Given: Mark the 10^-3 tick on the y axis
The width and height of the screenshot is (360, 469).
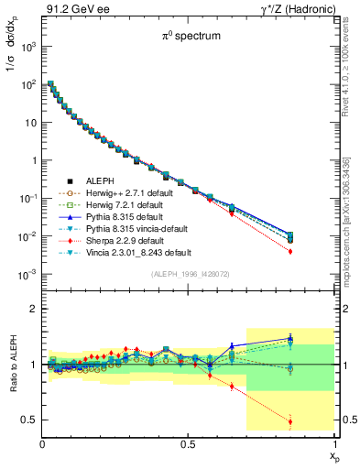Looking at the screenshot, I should [x=29, y=275].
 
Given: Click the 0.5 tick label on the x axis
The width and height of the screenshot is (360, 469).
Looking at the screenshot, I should [x=188, y=444].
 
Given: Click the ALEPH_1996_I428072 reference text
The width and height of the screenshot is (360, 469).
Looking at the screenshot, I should [x=188, y=274].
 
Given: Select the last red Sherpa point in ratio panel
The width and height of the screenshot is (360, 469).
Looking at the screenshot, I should [x=316, y=422].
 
